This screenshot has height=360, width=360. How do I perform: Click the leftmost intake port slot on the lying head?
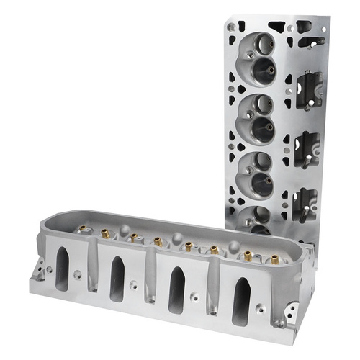click(62, 269)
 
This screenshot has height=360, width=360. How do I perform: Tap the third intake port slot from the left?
click(176, 289)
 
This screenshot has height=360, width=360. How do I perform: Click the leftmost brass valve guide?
click(84, 230)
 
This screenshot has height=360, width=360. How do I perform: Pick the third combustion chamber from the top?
click(255, 170)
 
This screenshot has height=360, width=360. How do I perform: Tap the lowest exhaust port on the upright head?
click(305, 202)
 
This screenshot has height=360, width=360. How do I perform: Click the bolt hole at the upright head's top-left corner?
click(230, 27)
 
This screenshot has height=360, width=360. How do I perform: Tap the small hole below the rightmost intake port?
click(260, 308)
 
